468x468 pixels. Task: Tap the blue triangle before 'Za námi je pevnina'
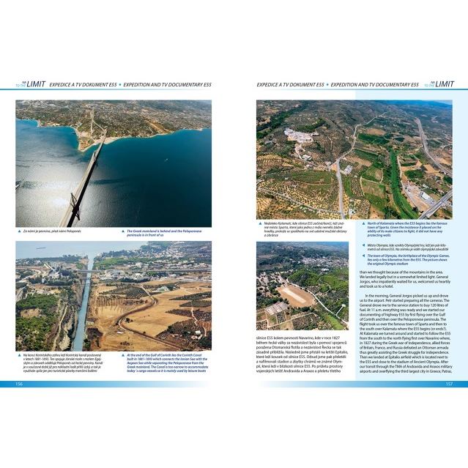point(19,230)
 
